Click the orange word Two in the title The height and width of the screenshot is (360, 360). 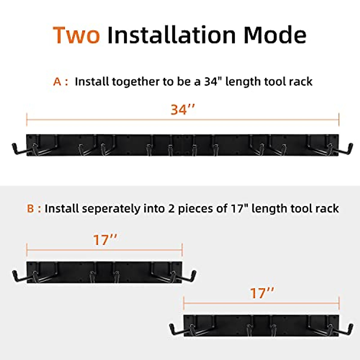click(76, 35)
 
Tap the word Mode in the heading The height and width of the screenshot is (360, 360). click(275, 35)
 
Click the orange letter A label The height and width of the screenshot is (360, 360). click(57, 82)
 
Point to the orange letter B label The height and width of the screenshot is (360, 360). click(30, 208)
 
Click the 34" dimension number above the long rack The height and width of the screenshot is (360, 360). click(183, 110)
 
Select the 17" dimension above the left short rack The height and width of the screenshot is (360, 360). click(105, 240)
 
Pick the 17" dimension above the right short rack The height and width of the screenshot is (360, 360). click(262, 293)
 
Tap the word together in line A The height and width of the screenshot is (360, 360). click(136, 82)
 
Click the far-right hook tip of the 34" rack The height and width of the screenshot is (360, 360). click(350, 147)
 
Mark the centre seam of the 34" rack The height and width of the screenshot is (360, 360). click(183, 145)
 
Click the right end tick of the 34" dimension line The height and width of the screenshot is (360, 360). click(339, 119)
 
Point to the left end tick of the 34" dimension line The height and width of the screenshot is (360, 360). click(27, 119)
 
